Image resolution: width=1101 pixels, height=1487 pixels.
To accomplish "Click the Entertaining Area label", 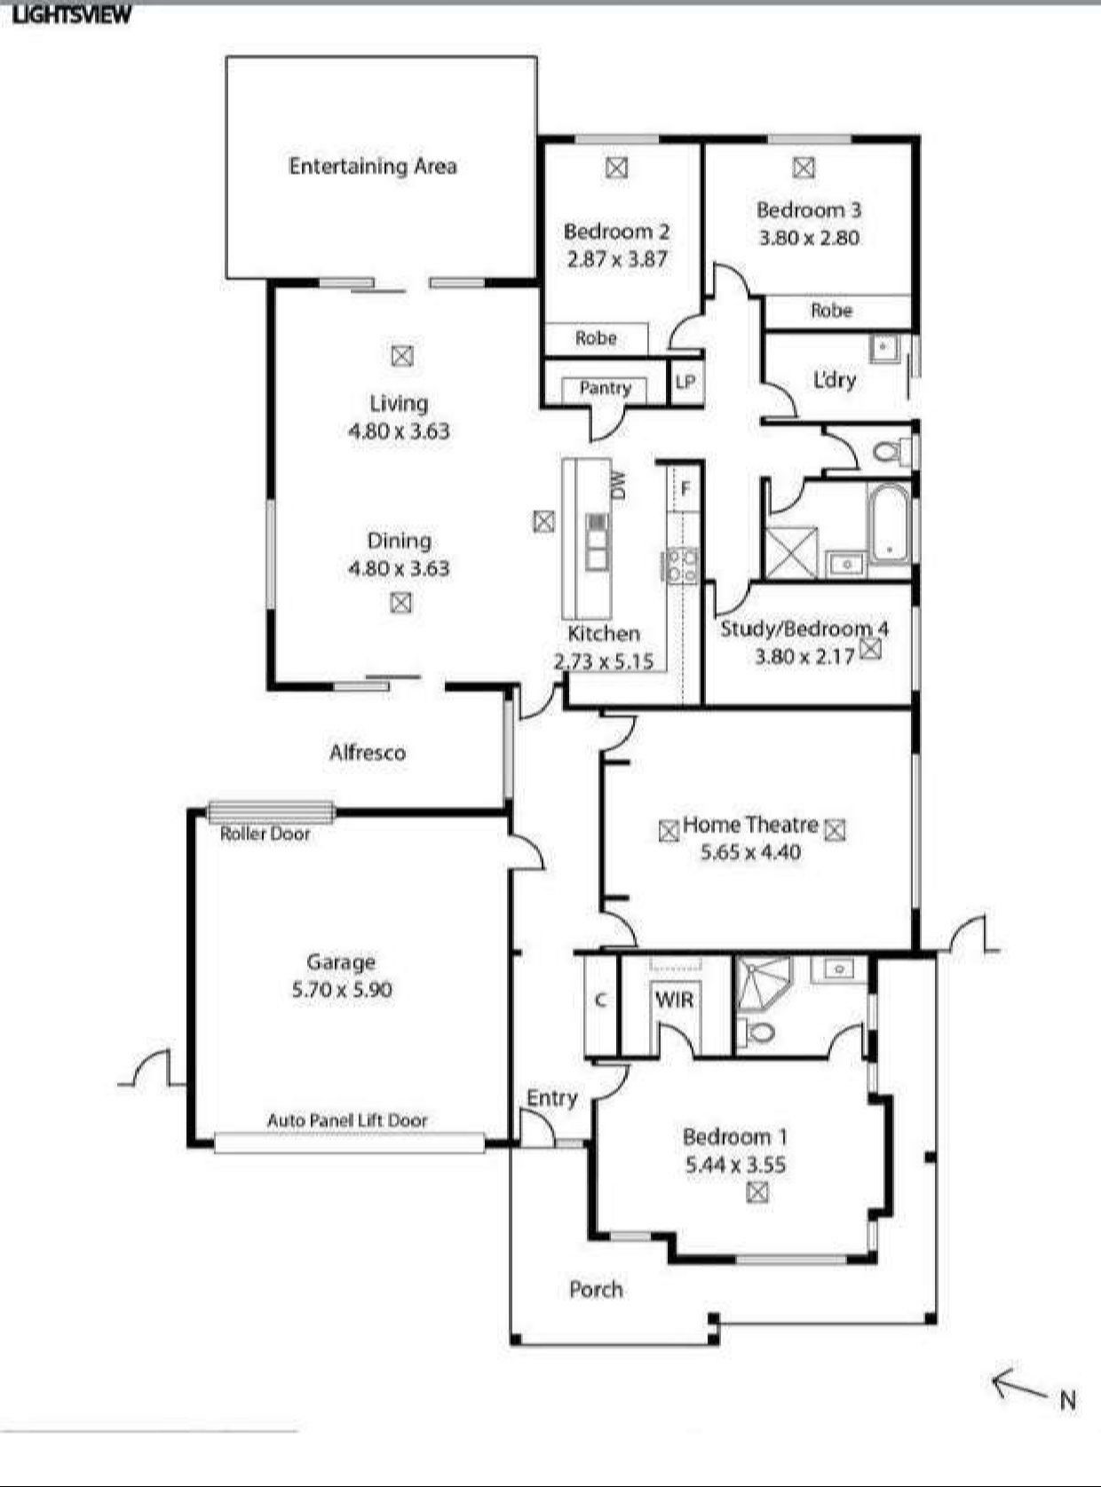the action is point(373,166).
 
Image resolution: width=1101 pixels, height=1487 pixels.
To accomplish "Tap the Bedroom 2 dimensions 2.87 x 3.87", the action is point(617,259).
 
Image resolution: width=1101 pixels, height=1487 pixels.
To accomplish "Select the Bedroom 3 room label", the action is point(809,210).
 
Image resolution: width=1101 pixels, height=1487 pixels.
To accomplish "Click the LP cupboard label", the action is point(685,382).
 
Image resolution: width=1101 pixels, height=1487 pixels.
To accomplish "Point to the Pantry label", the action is point(606,388).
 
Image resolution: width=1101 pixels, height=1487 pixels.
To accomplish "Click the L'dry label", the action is point(834,380).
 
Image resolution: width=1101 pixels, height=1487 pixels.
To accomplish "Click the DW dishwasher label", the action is point(618,484).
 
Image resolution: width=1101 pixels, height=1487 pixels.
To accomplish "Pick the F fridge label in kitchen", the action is point(685,489).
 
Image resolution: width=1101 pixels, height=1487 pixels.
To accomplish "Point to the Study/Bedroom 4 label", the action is point(804,629).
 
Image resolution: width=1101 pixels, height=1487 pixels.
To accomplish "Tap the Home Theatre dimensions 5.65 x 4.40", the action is point(750,852).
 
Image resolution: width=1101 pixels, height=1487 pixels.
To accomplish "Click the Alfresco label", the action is point(368,752).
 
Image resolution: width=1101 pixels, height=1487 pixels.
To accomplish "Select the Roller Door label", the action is point(265,834).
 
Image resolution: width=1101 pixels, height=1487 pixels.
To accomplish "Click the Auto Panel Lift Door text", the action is point(347,1120).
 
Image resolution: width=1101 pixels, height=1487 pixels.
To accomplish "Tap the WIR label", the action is point(674,1001).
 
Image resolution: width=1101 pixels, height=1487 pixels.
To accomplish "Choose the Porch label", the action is point(596,1289).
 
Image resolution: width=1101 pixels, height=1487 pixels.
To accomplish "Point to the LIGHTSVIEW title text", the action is point(73,16).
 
